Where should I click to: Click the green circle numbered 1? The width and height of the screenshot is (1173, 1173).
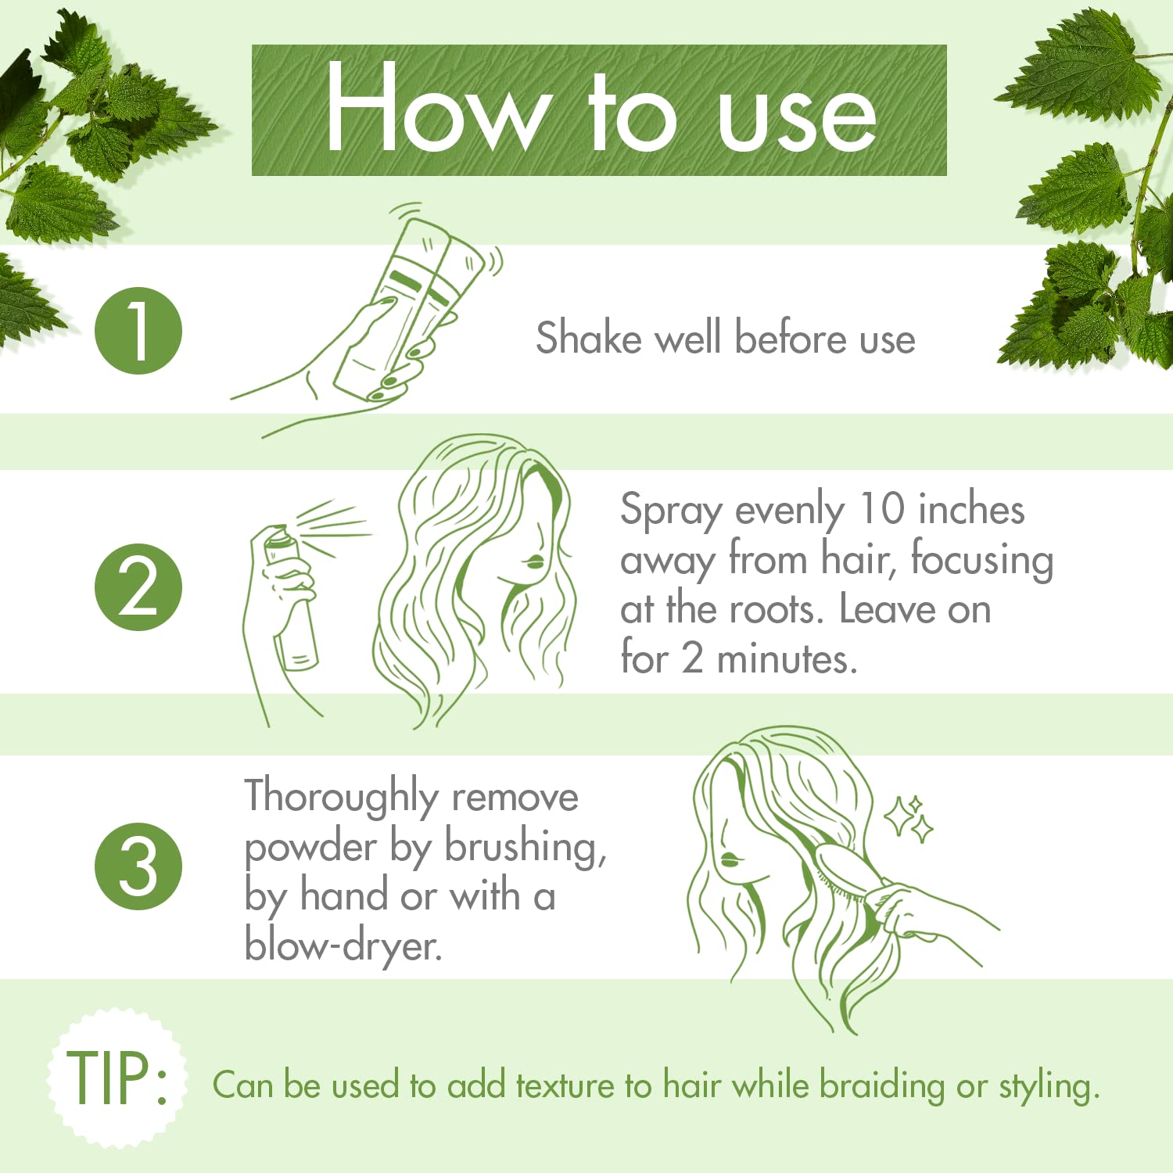tap(138, 331)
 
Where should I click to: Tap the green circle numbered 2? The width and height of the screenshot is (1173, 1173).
tap(138, 587)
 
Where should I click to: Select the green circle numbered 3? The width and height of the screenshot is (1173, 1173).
tap(138, 866)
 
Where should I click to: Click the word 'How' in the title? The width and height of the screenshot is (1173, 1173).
tap(435, 109)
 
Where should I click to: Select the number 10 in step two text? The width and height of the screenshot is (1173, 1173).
tap(881, 509)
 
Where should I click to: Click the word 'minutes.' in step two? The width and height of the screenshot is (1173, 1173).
tap(787, 658)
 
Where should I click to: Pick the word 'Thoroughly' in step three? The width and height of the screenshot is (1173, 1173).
tap(341, 798)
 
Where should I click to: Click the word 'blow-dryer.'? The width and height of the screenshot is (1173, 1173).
tap(343, 946)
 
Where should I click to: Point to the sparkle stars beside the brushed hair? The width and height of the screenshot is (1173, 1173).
tap(909, 818)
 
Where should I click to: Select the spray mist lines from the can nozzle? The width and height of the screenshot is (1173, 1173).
tap(332, 522)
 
